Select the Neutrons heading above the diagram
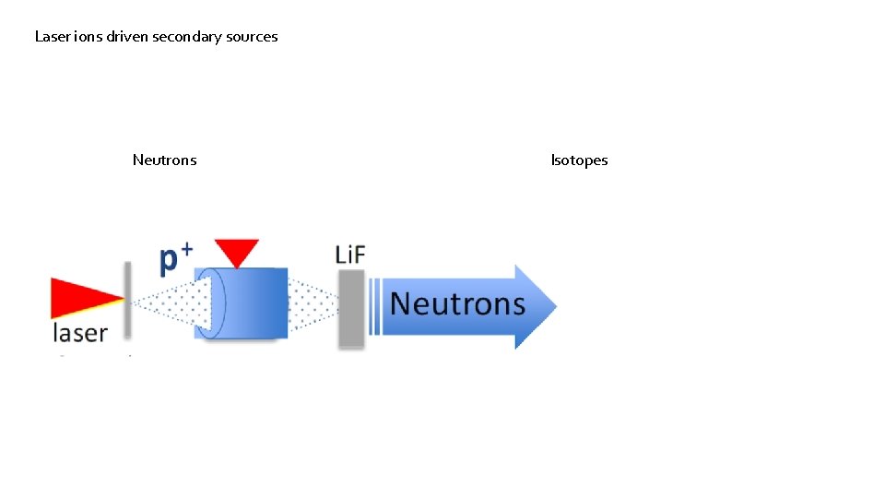click(164, 160)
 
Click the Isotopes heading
click(579, 160)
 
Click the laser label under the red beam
click(79, 333)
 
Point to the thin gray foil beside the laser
click(128, 300)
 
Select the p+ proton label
click(175, 258)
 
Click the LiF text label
click(350, 254)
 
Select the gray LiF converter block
click(351, 309)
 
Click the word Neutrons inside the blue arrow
click(456, 304)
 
